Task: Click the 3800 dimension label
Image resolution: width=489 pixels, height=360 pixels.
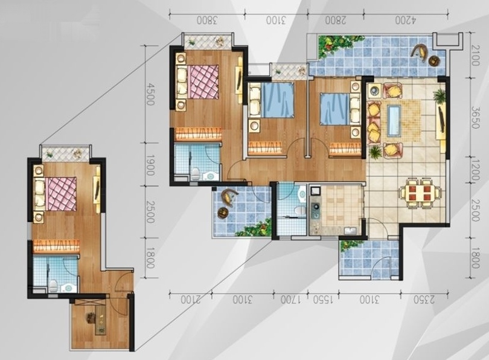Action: tap(206, 21)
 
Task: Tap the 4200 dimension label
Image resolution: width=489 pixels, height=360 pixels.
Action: tap(406, 21)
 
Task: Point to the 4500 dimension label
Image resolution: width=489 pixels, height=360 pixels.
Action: tap(150, 94)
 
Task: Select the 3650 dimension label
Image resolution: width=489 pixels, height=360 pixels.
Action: tap(475, 118)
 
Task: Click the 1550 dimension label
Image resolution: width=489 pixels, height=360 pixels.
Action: tap(323, 300)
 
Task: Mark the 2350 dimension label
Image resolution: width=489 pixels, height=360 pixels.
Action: tap(424, 300)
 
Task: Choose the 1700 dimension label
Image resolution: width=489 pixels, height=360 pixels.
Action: tap(290, 300)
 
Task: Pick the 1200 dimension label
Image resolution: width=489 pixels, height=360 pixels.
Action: tap(475, 170)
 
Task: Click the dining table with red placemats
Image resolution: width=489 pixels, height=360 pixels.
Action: tap(420, 193)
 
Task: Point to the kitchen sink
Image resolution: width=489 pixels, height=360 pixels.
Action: tap(351, 231)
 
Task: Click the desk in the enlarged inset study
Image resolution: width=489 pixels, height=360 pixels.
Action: tap(101, 320)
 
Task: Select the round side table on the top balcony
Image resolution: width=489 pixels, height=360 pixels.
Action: tap(434, 60)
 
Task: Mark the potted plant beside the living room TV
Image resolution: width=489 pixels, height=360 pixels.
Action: tap(439, 95)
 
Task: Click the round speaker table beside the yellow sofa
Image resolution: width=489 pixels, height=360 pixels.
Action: tap(374, 91)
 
